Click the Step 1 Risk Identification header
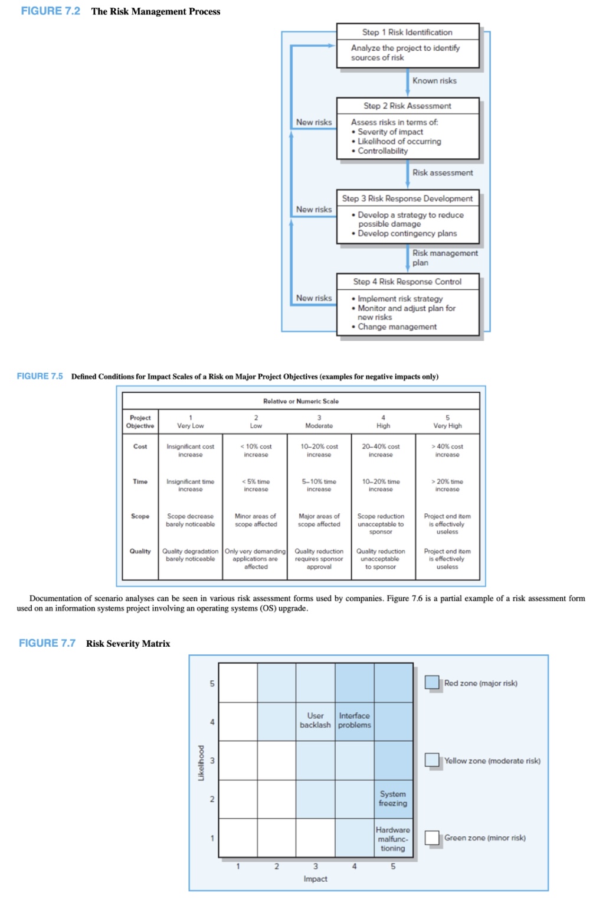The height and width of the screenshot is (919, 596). point(407,32)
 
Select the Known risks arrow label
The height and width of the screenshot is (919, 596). point(434,81)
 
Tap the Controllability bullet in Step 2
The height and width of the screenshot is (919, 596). point(382,151)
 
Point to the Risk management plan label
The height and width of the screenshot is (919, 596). point(444,258)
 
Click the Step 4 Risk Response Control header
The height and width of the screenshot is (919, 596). point(407,282)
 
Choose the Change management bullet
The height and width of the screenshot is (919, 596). point(397,327)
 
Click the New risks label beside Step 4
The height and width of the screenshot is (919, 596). point(314,298)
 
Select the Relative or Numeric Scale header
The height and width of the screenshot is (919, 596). point(301,401)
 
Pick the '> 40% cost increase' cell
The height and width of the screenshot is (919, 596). point(447,451)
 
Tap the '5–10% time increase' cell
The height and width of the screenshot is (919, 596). point(319,485)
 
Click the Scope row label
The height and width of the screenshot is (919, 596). point(140,516)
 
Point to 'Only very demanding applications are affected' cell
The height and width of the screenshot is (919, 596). point(256,559)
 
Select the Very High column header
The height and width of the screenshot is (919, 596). point(447,422)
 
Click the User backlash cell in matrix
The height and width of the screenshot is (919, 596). point(315,721)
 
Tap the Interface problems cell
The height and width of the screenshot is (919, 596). point(354,721)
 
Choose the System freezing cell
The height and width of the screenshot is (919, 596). point(393,799)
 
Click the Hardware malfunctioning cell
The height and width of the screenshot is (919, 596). point(393,839)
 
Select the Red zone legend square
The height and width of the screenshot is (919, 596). point(432,683)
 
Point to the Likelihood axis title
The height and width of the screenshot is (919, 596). point(201,762)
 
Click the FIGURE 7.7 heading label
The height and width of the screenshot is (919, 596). point(47,643)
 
